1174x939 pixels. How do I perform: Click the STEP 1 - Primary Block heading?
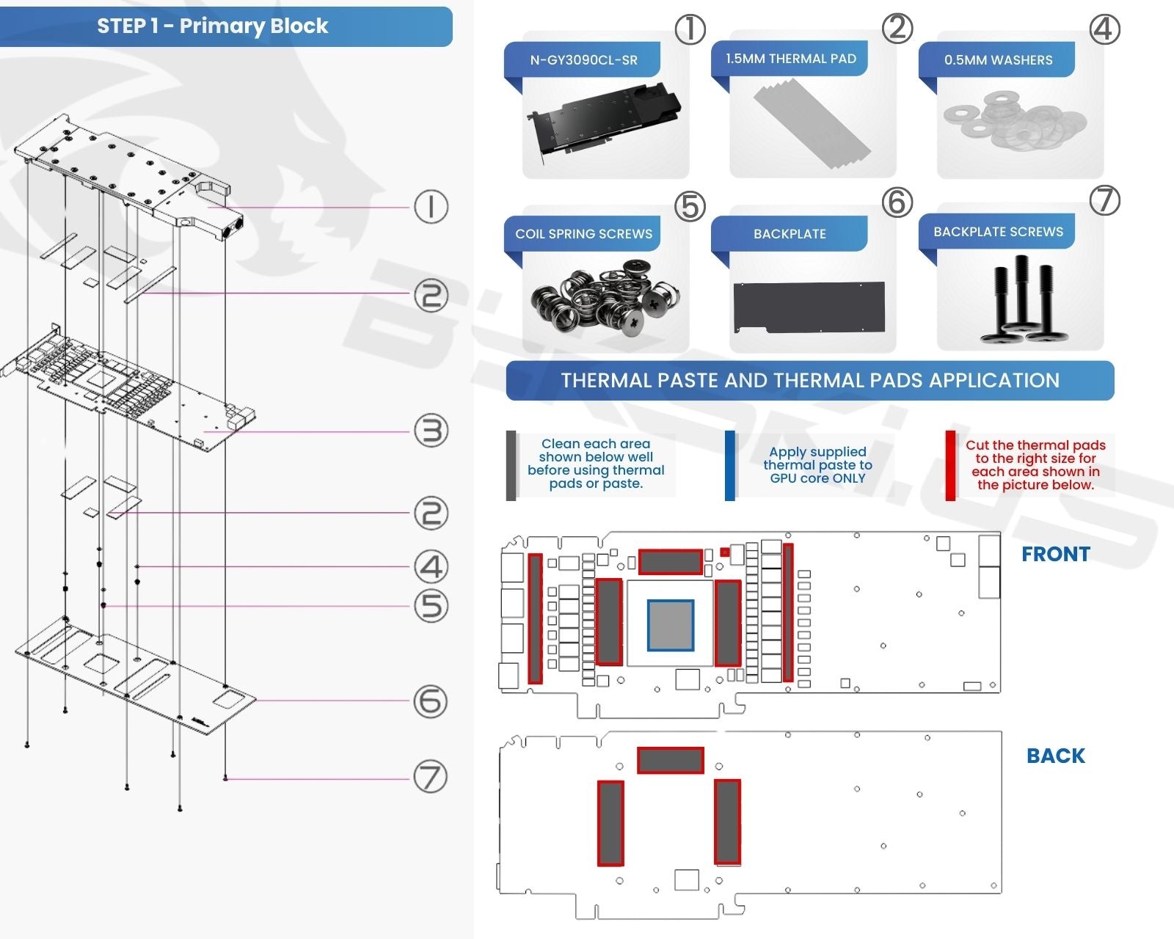click(213, 26)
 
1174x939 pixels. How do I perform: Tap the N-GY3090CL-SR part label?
click(583, 60)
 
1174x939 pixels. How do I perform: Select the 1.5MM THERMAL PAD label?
click(790, 59)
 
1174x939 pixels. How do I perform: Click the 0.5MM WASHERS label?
click(998, 60)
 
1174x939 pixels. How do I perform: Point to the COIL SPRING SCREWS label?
click(583, 234)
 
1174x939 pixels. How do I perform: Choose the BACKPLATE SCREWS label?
click(998, 232)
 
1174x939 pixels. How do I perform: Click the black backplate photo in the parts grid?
click(809, 307)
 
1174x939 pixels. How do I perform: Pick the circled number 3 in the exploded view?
click(431, 431)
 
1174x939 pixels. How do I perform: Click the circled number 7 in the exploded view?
click(431, 777)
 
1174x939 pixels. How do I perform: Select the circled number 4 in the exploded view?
click(431, 566)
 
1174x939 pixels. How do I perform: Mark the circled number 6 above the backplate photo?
click(897, 202)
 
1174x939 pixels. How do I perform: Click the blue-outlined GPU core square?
click(671, 625)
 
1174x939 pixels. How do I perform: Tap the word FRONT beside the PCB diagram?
click(1056, 555)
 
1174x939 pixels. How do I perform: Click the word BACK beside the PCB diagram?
click(1055, 756)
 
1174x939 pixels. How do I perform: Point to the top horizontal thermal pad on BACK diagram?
click(670, 760)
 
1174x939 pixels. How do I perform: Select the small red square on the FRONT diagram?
click(725, 552)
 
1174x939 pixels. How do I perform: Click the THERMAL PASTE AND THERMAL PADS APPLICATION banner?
click(810, 381)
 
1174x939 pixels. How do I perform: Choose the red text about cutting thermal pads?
click(1035, 465)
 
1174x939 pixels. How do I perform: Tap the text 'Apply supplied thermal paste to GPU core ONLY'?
click(817, 465)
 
